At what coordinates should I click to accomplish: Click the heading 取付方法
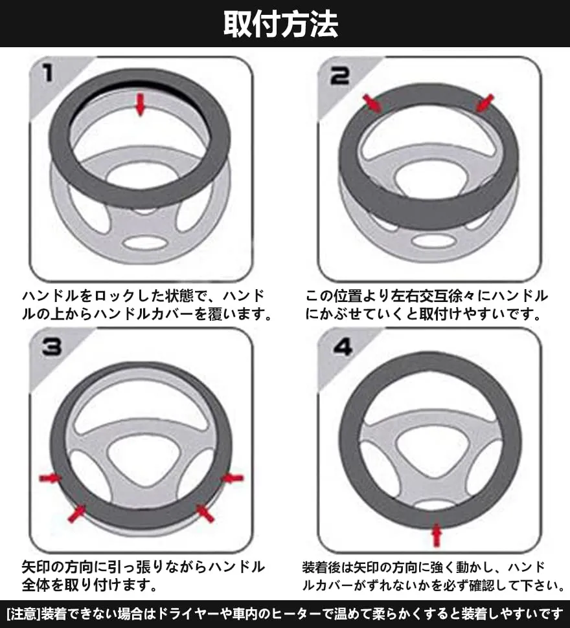[280, 24]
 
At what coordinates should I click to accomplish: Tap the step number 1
[48, 74]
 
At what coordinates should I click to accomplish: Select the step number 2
[339, 75]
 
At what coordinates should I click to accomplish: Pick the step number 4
[342, 347]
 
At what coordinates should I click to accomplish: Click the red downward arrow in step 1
[140, 105]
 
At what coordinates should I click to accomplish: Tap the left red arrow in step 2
[372, 103]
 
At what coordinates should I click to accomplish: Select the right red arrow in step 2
[484, 103]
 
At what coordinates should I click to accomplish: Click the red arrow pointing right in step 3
[50, 477]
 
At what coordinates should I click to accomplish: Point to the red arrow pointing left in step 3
[233, 477]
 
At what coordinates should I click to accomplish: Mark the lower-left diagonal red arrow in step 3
[77, 514]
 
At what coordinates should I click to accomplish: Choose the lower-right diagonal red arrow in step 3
[205, 513]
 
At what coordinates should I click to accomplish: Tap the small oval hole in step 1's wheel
[145, 243]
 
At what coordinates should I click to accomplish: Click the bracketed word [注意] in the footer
[23, 614]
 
